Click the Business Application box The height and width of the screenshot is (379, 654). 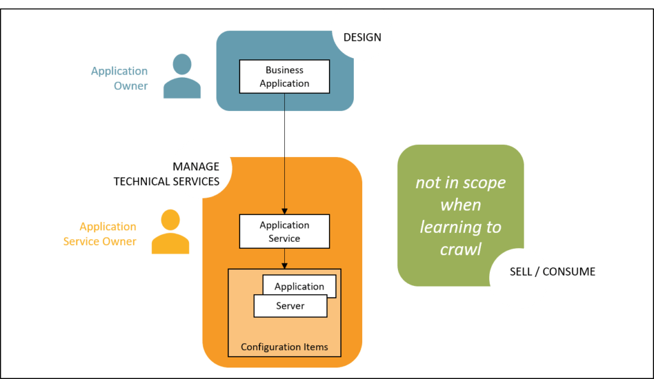pos(284,77)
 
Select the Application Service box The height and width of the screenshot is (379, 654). pos(284,232)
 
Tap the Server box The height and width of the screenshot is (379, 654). pos(290,306)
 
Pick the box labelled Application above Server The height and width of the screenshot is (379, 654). pos(300,285)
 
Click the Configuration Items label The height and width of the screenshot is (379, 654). pos(284,347)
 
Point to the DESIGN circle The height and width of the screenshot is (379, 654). pos(362,30)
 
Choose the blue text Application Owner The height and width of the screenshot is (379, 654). pos(120,78)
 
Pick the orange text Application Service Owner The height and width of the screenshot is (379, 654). pos(100,234)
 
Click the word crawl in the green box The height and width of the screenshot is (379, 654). pos(460,249)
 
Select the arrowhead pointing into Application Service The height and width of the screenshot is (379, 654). pos(284,211)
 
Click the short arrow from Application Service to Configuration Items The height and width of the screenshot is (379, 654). pos(284,258)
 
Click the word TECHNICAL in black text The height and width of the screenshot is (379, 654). pos(142,182)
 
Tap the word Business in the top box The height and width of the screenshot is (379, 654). pos(285,70)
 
